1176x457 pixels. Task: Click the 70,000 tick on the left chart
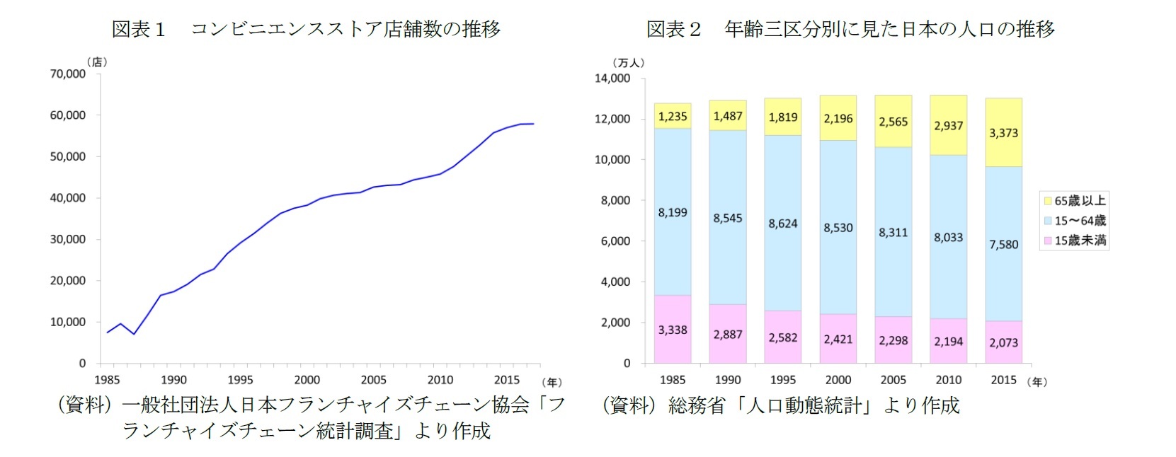tap(68, 74)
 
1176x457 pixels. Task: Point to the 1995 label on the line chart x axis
tap(240, 380)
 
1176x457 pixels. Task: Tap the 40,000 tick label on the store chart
tap(68, 198)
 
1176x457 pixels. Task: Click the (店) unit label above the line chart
tap(97, 62)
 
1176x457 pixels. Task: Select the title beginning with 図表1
tap(306, 29)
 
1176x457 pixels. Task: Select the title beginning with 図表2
tap(850, 29)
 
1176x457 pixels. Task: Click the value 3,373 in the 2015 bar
tap(1003, 133)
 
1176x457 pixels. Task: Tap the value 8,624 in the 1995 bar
tap(782, 224)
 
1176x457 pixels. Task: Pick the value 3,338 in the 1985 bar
tap(672, 330)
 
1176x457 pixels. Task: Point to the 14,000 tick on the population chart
tap(612, 78)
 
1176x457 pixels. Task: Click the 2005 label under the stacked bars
tap(893, 380)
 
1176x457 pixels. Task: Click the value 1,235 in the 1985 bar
tap(672, 117)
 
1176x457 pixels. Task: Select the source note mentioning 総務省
tap(781, 405)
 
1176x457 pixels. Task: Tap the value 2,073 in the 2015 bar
tap(1003, 342)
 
